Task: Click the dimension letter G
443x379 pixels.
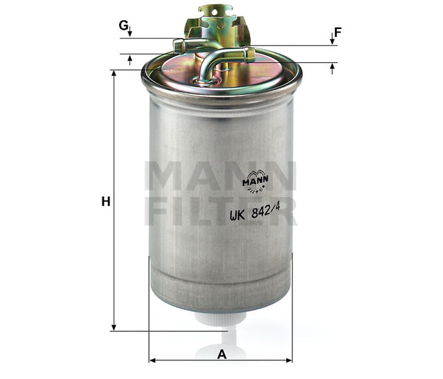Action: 123,26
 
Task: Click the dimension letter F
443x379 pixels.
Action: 338,32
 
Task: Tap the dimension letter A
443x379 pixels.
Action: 221,355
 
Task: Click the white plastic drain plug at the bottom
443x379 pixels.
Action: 221,320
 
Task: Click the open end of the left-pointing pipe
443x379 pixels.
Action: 177,46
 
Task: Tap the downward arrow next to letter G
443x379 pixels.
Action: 129,33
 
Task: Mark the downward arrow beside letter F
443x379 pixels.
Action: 332,40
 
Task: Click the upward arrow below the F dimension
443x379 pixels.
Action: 332,68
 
